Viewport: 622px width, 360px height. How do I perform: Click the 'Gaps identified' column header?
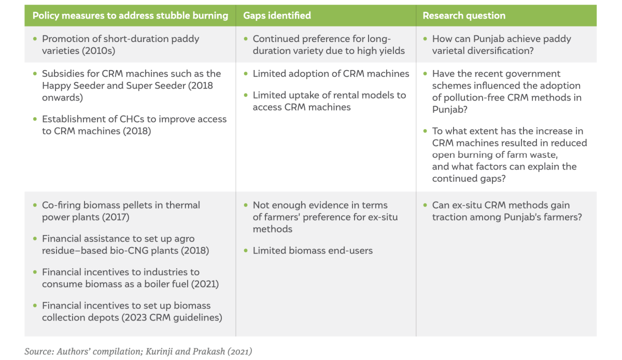(277, 16)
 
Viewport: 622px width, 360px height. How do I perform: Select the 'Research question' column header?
(464, 16)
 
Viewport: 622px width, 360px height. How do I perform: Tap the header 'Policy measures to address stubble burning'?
(130, 16)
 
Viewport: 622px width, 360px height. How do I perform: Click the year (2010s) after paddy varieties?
(98, 51)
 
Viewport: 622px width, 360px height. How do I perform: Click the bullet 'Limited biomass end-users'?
(313, 251)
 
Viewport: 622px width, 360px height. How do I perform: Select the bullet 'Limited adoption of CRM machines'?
(331, 74)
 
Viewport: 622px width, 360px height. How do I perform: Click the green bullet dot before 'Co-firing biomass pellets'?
(35, 205)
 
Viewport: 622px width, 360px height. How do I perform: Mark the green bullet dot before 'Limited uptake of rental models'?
(246, 95)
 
